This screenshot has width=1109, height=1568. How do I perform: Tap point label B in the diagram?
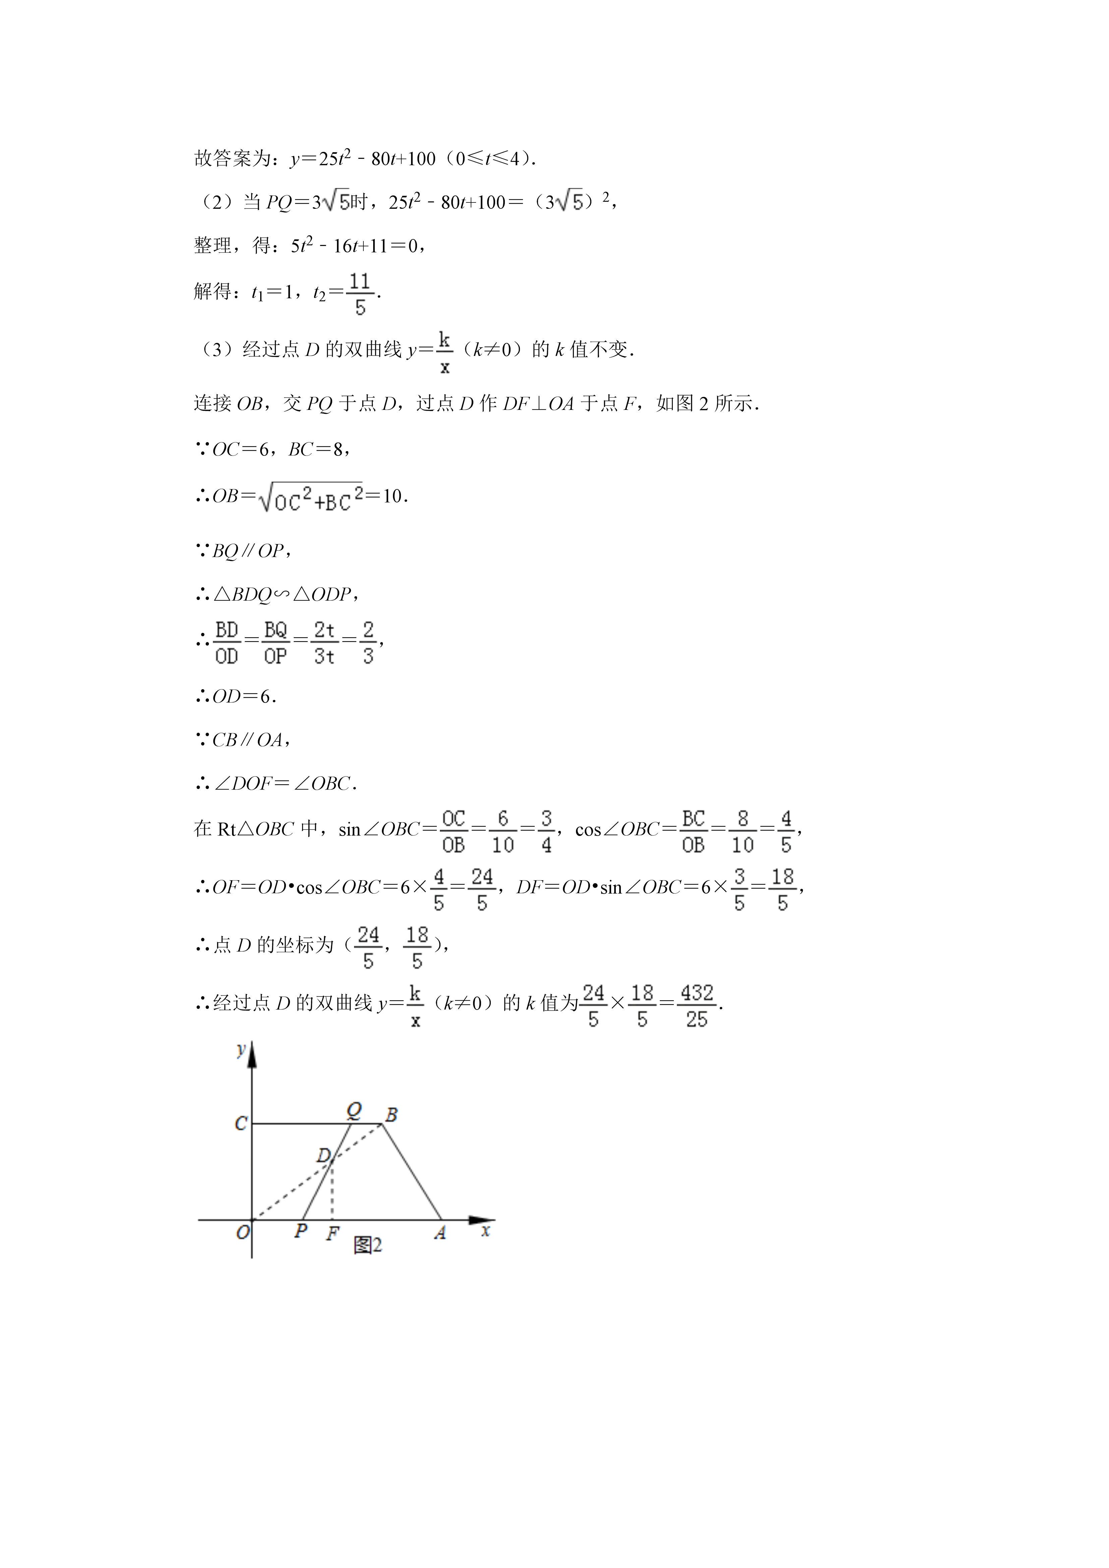point(391,1115)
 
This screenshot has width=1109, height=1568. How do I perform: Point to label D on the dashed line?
point(323,1155)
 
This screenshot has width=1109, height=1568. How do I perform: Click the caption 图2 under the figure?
point(367,1245)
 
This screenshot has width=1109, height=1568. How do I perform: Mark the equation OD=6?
point(244,697)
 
